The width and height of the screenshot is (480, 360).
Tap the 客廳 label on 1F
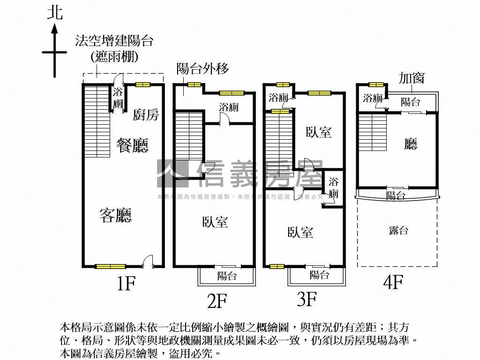(115, 215)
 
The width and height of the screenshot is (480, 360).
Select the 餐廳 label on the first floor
(132, 145)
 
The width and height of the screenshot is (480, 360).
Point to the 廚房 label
(145, 115)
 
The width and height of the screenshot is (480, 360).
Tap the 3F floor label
(307, 299)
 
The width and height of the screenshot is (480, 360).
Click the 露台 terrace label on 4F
(398, 230)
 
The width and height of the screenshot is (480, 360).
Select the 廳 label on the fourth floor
(411, 144)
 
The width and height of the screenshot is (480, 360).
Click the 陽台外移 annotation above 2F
(202, 69)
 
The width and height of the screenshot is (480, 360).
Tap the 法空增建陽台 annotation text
(114, 41)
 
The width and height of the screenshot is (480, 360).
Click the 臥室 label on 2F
(215, 222)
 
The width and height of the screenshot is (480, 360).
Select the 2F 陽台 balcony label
(227, 276)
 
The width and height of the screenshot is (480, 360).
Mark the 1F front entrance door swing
(148, 261)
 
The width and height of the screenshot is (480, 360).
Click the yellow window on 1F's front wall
(111, 267)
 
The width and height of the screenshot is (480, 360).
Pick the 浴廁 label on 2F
(229, 107)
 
